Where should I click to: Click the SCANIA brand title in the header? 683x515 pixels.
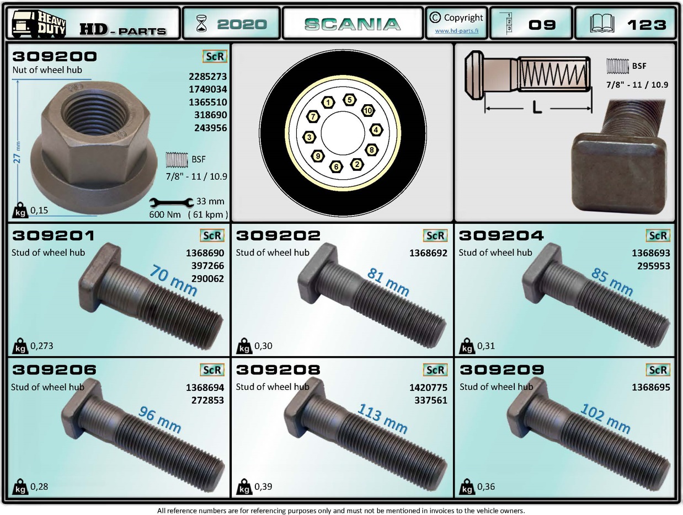tap(353, 24)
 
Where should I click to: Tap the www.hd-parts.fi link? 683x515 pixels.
tap(456, 31)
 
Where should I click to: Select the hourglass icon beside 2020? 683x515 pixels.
tap(201, 24)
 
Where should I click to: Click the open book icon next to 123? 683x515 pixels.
tap(602, 24)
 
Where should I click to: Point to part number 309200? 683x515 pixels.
tap(55, 57)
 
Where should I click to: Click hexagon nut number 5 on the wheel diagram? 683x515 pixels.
tap(349, 100)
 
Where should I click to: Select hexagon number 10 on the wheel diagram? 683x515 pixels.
tap(368, 110)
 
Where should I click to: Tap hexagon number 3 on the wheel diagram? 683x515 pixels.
tap(310, 137)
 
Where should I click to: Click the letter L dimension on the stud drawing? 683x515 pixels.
tap(537, 108)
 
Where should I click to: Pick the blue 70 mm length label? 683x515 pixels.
tap(173, 280)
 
